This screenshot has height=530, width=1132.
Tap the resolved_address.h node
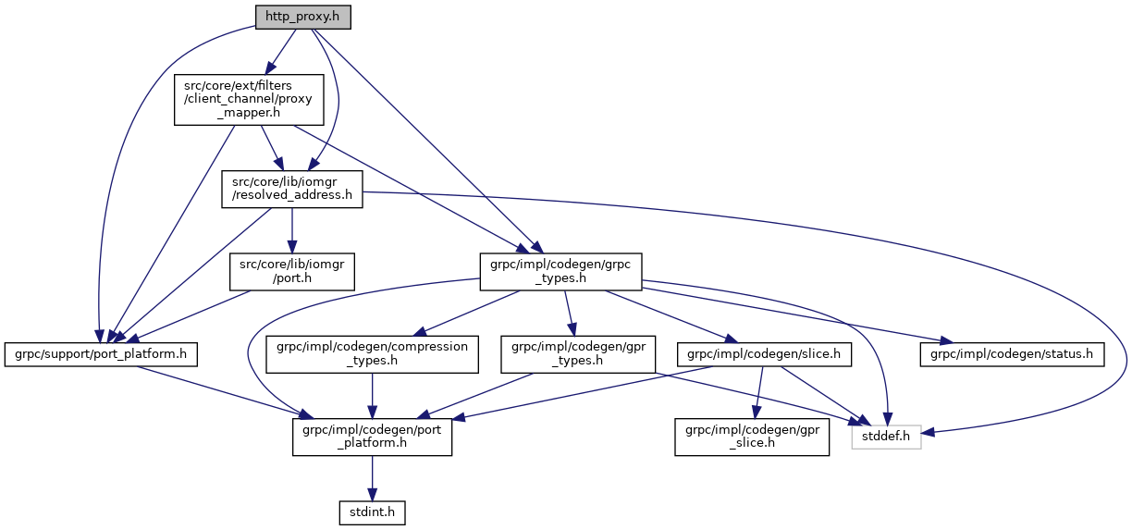point(292,188)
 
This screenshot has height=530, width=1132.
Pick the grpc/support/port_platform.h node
point(101,353)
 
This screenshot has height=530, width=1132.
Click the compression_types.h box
point(373,353)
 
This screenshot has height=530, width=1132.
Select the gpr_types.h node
point(578,353)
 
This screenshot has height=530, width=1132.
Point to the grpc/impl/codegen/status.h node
point(1012,353)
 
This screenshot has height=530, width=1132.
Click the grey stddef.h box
point(886,436)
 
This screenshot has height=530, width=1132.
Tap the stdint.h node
point(372,511)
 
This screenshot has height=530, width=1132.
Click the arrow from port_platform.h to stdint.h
point(372,477)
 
